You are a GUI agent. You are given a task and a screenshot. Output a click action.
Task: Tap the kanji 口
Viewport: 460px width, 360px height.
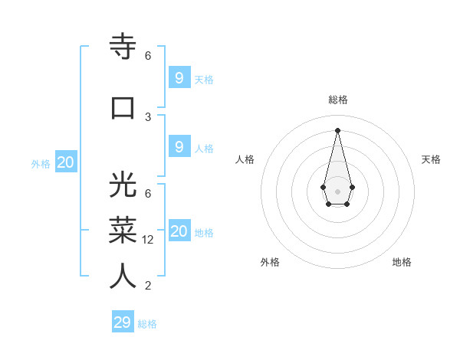pos(123,107)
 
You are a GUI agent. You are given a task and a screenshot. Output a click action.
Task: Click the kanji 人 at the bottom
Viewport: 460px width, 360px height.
pos(123,276)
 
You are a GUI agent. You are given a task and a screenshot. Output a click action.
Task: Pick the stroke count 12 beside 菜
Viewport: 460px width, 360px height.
pos(149,240)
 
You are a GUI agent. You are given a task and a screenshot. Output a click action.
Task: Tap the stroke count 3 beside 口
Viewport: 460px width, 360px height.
pos(148,116)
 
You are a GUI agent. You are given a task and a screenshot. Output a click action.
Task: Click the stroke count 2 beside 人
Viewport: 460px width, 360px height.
pos(148,286)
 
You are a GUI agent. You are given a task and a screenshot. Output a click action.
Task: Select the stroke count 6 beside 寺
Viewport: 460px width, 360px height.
pos(148,55)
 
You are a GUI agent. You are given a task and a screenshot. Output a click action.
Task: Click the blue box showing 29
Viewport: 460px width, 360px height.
pos(123,322)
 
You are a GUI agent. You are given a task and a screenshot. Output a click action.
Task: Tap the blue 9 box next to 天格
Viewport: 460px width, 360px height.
pos(179,77)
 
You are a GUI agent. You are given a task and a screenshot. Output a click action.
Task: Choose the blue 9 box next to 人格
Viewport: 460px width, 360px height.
pos(179,147)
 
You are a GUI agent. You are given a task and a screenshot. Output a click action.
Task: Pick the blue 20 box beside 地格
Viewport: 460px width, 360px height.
pos(179,231)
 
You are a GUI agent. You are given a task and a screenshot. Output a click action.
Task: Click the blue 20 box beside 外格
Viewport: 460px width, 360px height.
pos(66,162)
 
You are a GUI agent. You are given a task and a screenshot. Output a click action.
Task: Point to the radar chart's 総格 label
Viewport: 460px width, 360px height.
pos(337,100)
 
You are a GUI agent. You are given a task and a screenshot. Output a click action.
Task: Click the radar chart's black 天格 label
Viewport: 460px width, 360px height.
pos(431,159)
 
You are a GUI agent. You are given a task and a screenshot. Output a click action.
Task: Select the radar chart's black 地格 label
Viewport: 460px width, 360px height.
pos(402,262)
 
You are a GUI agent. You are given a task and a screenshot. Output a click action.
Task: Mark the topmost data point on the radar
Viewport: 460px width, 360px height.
pos(337,129)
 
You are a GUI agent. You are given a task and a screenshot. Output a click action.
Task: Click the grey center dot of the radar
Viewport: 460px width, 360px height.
pos(337,191)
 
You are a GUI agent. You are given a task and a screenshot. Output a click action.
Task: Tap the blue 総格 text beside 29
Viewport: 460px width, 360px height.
pos(147,324)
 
